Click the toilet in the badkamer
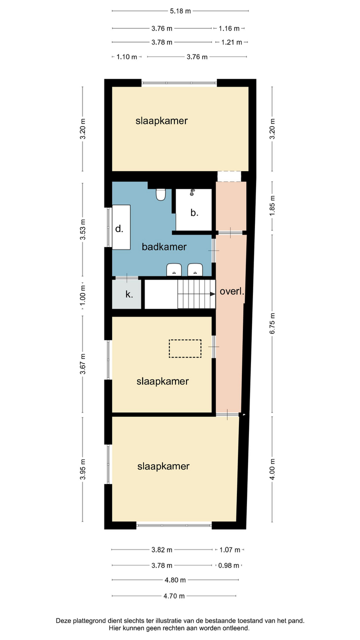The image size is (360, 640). (x=161, y=194)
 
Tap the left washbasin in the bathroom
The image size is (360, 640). (x=174, y=269)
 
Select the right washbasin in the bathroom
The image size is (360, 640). (x=195, y=269)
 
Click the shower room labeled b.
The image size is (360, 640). (x=193, y=209)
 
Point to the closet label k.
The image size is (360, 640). (x=129, y=294)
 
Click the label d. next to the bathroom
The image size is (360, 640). (x=119, y=228)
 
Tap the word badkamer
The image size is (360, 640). (x=164, y=247)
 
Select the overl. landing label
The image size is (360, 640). (x=232, y=291)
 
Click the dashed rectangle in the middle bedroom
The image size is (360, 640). (x=185, y=348)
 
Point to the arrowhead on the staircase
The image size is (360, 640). (x=212, y=293)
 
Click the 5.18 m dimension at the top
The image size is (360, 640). (x=180, y=11)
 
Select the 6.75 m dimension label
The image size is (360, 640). (x=272, y=323)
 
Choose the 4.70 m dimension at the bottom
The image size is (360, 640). (x=174, y=596)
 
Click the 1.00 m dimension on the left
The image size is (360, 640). (x=82, y=295)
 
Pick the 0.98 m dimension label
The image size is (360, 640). (x=228, y=565)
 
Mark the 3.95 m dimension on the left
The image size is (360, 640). (x=82, y=469)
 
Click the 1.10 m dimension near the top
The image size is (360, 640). (x=127, y=57)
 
